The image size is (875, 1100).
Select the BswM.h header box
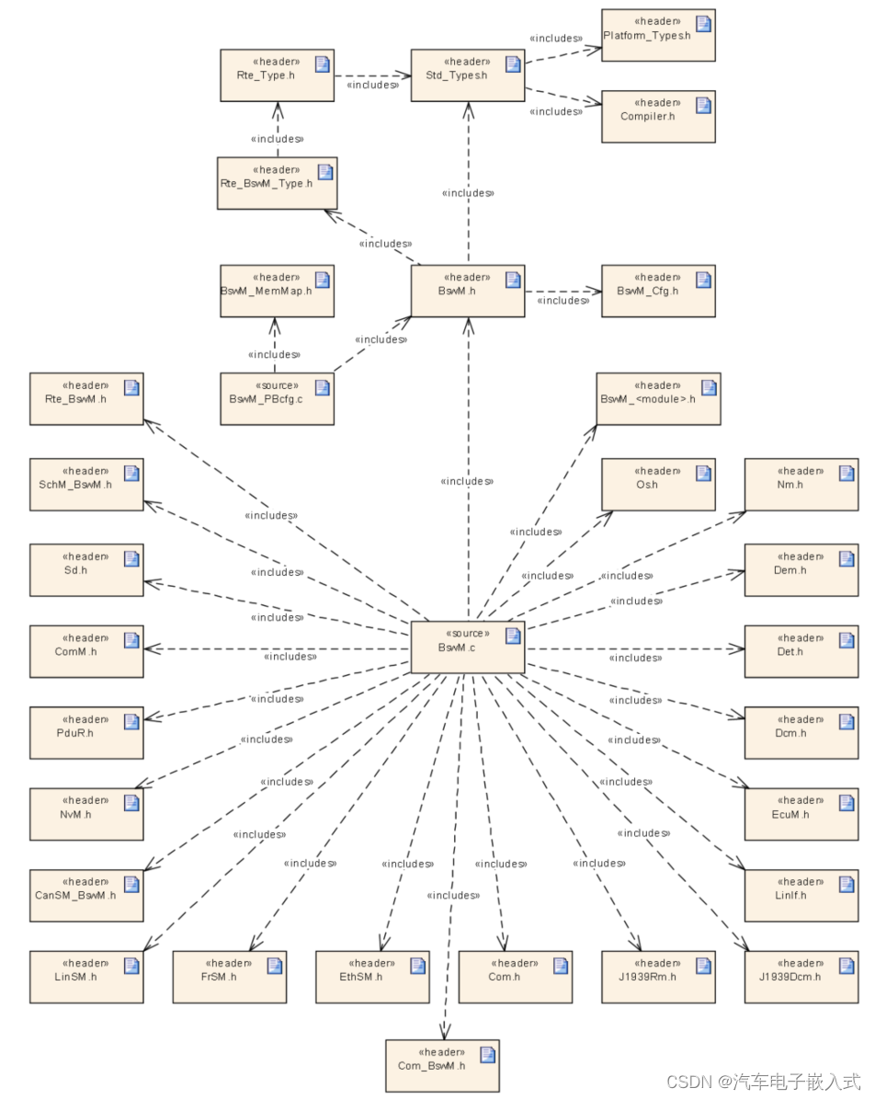467,291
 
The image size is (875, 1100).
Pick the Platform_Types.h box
658,35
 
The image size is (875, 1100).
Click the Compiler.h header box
658,116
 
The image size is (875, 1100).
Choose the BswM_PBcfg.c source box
276,398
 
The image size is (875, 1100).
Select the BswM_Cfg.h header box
658,291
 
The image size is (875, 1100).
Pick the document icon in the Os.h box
703,473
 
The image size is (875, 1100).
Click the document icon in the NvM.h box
131,802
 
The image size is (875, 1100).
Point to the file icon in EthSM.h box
418,965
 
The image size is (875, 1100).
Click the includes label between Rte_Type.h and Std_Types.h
372,85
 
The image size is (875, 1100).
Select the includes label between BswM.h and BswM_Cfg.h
562,301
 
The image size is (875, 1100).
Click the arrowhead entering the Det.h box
737,648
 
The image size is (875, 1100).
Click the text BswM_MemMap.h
267,291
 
